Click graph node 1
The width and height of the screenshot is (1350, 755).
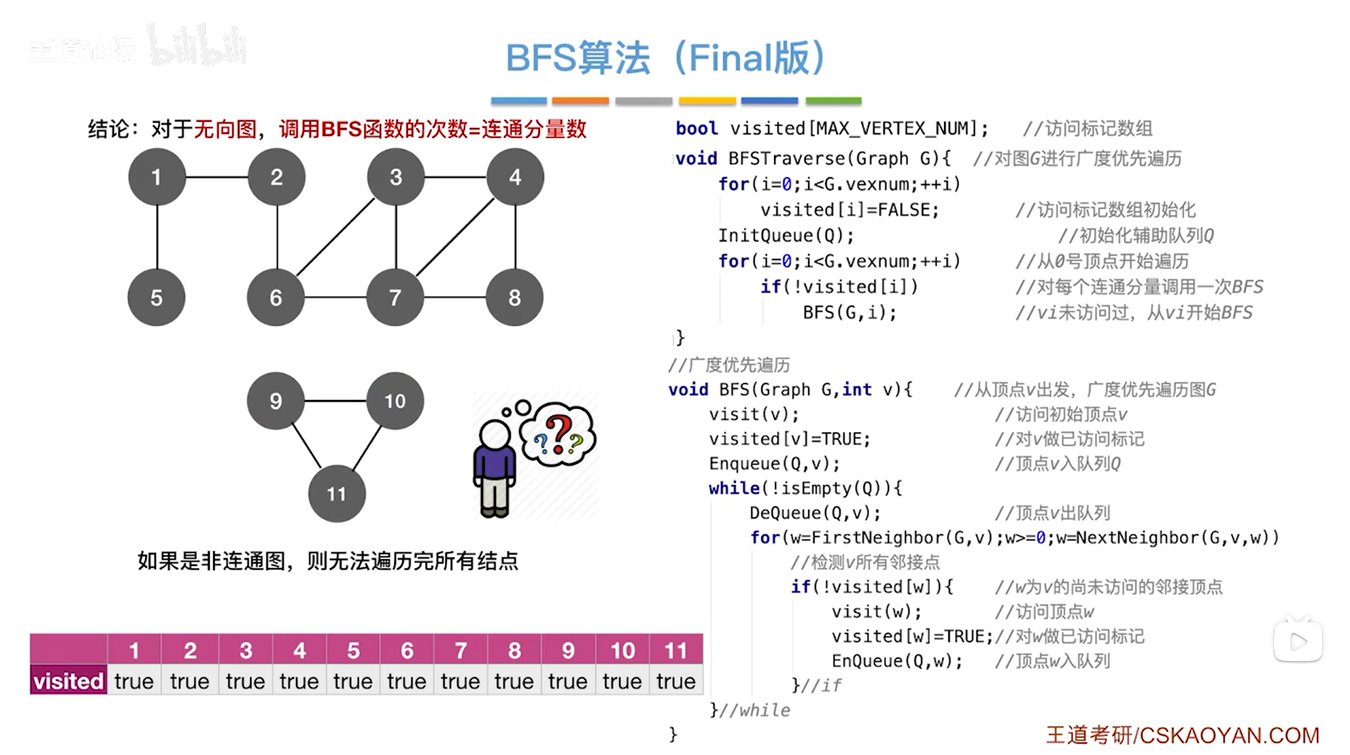coord(157,177)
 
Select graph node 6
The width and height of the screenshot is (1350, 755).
coord(276,297)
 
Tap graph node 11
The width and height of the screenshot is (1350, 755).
coord(336,494)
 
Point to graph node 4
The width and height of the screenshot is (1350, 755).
coord(515,177)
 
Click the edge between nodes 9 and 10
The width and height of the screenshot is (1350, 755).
coord(335,401)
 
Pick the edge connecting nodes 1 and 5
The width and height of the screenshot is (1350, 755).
coord(157,237)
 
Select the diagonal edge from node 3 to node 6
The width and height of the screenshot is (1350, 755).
coord(335,237)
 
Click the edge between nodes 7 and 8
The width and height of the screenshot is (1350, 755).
coord(455,297)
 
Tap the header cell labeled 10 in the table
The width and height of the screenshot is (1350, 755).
coord(622,649)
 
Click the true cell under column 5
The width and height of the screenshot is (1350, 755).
coord(353,681)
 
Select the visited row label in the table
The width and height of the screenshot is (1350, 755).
coord(69,681)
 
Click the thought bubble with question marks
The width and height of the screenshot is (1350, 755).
coord(558,433)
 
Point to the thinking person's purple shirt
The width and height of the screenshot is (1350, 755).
coord(494,464)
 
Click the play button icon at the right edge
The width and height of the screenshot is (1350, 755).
coord(1298,642)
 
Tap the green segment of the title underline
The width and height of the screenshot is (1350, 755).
coord(833,101)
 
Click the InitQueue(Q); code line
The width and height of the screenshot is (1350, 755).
coord(786,235)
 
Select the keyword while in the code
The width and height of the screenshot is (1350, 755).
coord(734,488)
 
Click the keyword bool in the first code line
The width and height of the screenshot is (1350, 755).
coord(696,128)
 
